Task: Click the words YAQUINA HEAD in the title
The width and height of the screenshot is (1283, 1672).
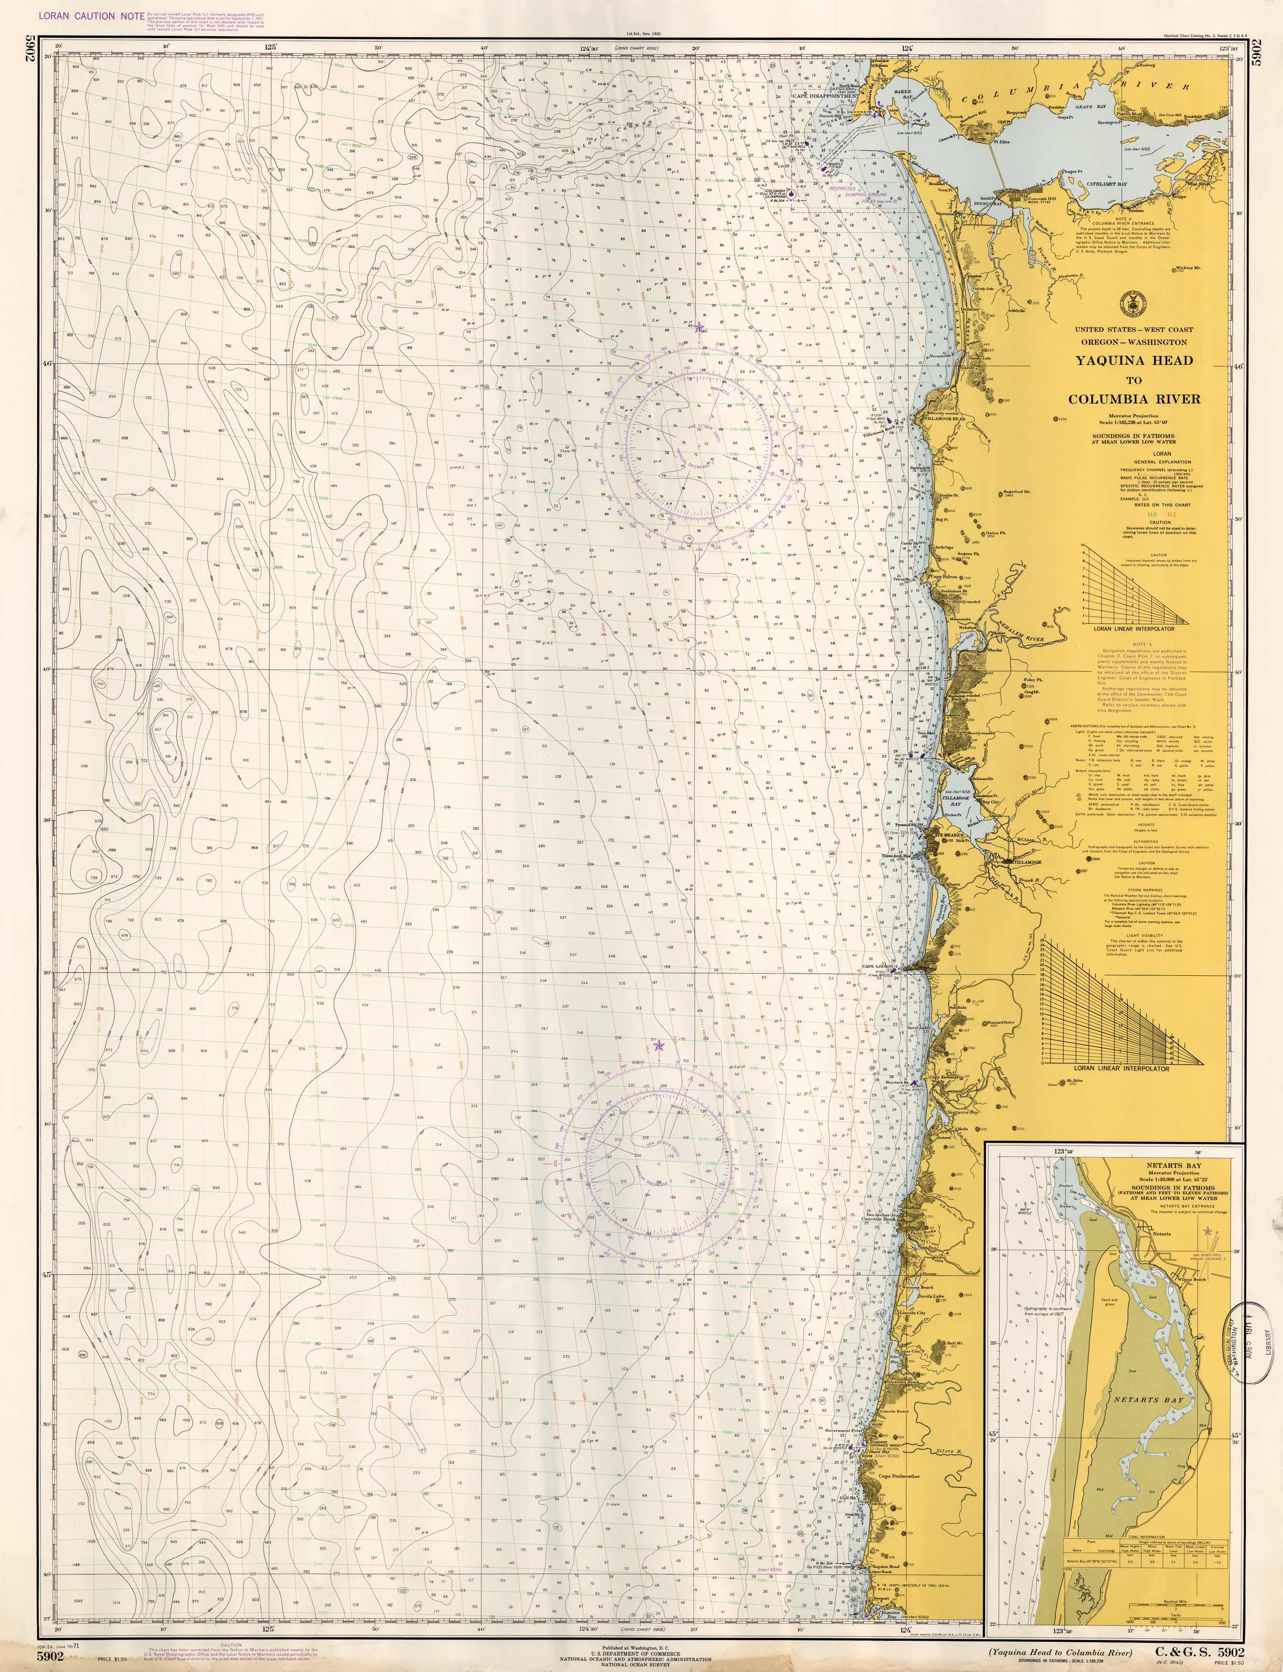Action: [x=1134, y=361]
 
